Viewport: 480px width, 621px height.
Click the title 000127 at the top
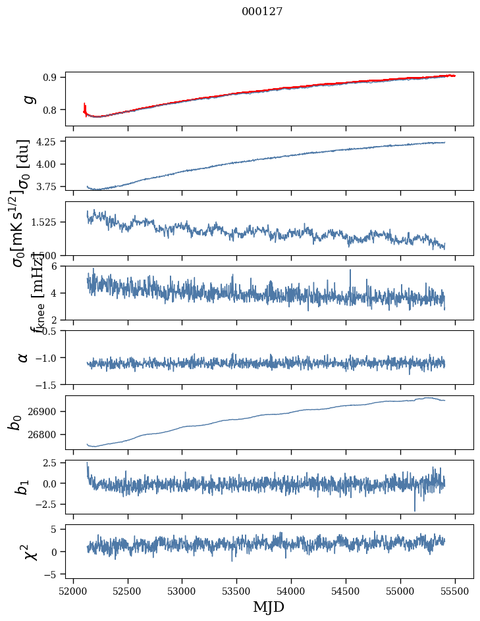pos(262,12)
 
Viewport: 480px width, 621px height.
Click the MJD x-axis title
pos(269,607)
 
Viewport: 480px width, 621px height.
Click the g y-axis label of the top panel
pos(27,99)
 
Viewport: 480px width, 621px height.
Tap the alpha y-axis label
pos(23,357)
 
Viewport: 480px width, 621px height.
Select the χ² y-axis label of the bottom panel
pos(30,551)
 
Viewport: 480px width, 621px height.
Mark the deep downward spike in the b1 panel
pos(415,509)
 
